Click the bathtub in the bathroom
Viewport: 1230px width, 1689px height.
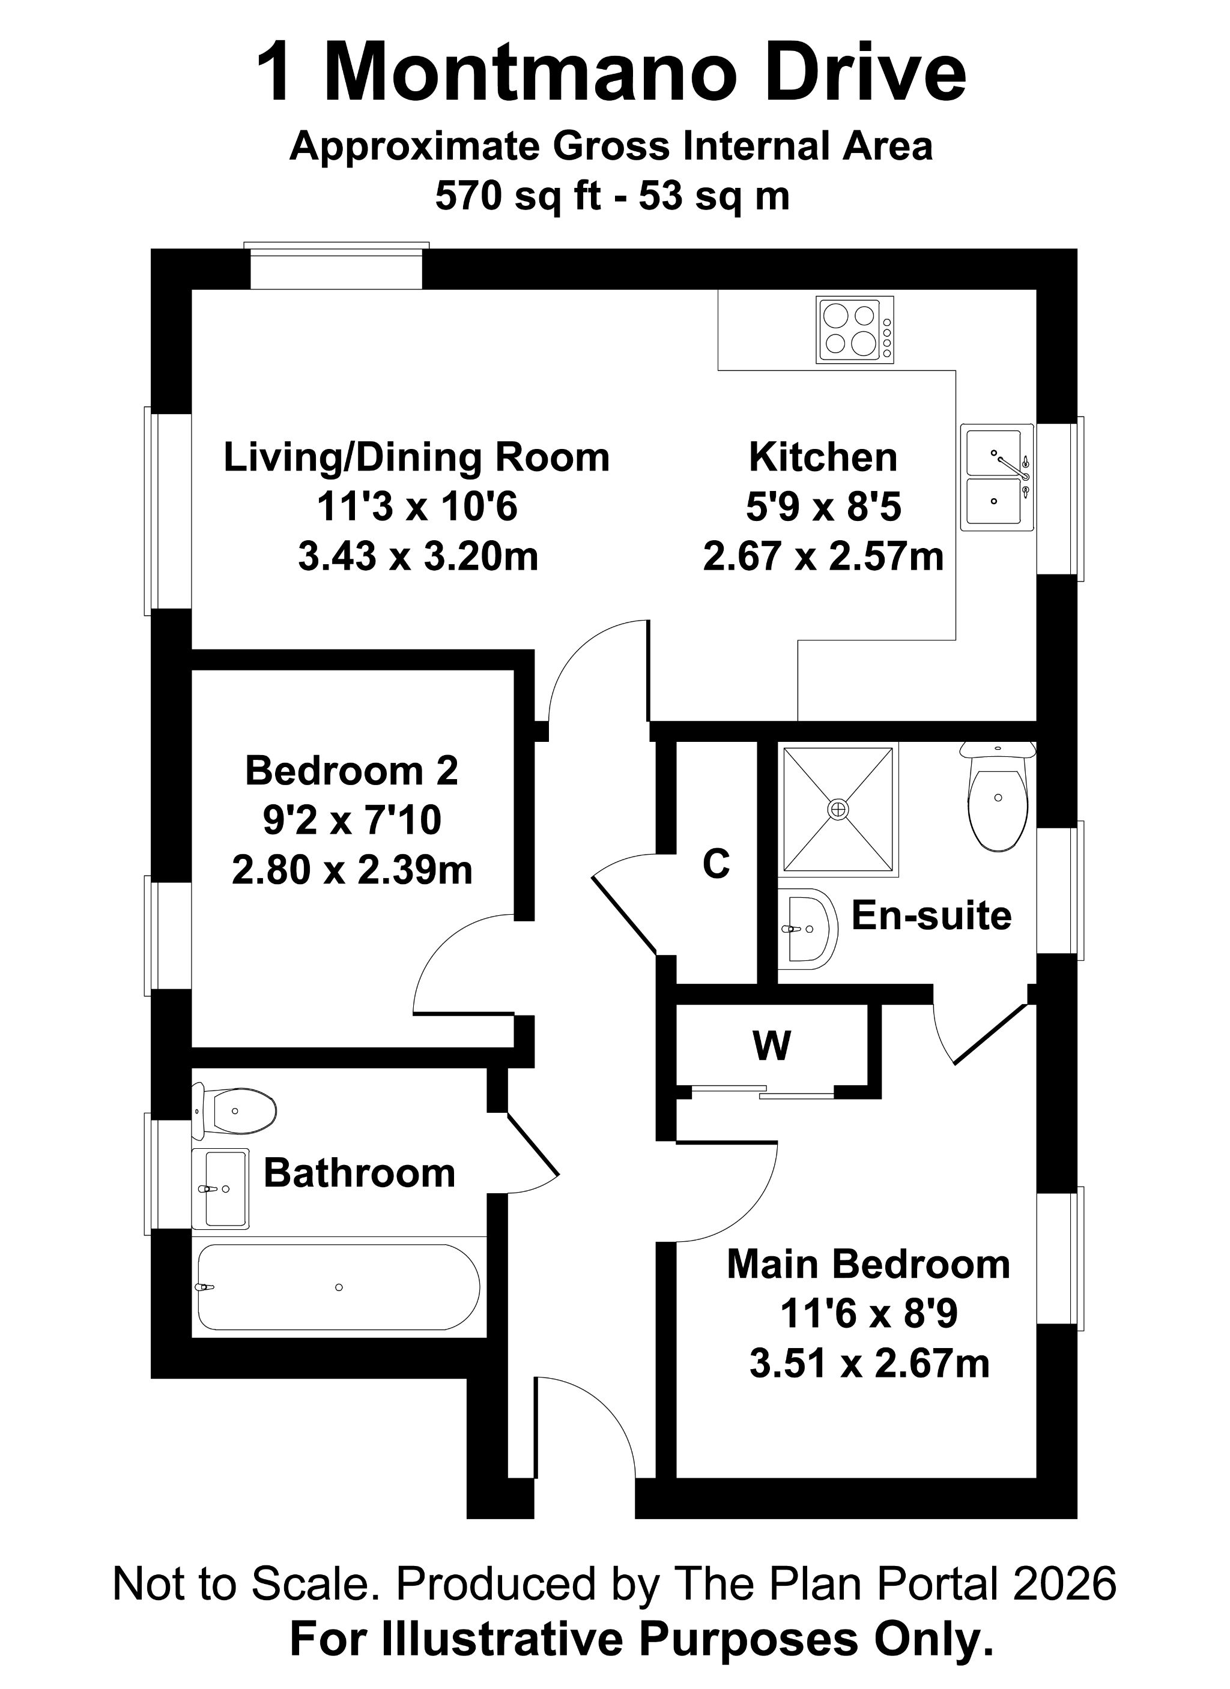338,1287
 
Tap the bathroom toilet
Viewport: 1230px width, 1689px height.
237,1110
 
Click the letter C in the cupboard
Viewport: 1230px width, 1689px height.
716,864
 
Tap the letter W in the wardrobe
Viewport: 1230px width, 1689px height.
772,1046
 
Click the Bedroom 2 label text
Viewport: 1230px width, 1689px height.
351,771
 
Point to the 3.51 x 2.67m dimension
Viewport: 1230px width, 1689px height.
868,1364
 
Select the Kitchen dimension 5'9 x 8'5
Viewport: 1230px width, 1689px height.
823,507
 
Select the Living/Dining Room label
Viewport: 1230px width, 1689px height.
416,457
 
